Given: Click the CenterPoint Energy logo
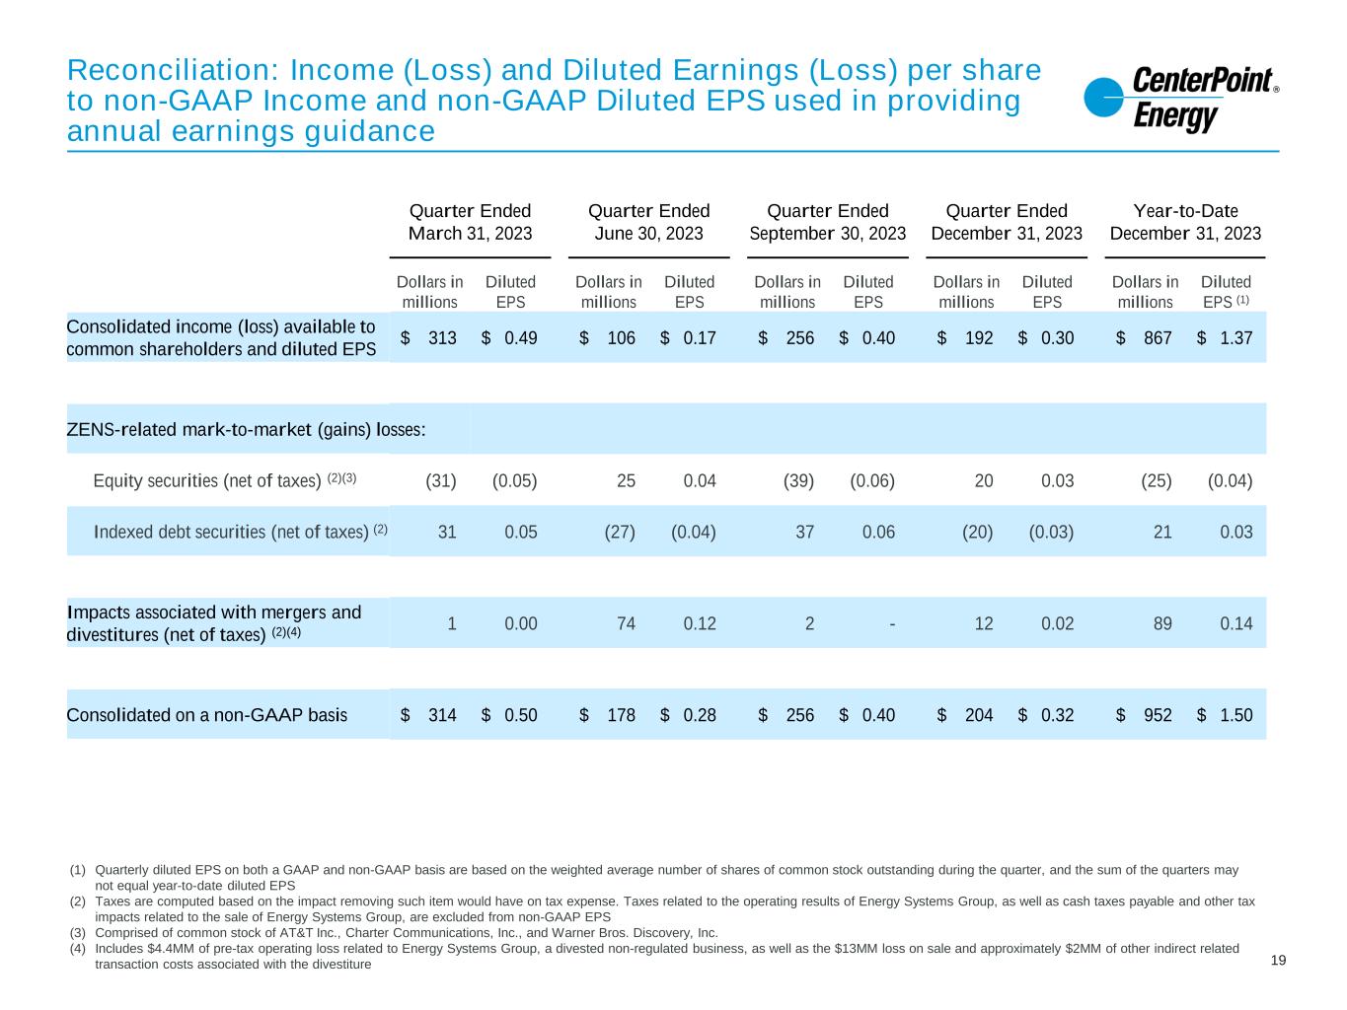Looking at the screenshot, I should (1180, 100).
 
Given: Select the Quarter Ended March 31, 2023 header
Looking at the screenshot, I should (470, 222).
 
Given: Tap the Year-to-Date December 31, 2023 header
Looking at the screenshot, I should (1185, 222).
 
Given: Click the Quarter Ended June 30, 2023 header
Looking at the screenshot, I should (648, 222).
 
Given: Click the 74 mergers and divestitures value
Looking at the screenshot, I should (626, 623).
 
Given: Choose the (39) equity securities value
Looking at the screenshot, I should (798, 481).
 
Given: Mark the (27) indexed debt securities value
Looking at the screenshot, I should (620, 533).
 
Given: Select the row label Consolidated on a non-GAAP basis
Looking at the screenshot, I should (206, 715).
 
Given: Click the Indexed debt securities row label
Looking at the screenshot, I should (231, 533).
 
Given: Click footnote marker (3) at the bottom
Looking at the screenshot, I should (78, 933).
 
